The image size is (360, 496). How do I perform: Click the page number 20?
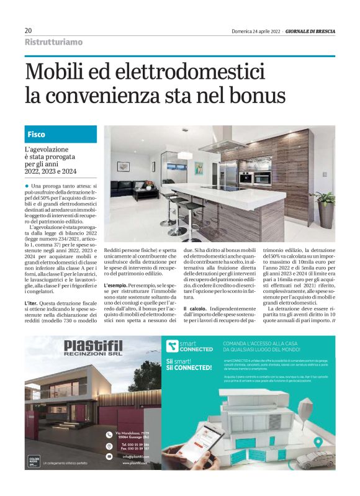tap(29, 30)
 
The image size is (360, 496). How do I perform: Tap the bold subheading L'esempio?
tap(116, 285)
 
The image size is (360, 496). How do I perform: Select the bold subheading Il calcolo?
tap(195, 309)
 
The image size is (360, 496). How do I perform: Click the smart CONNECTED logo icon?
tap(172, 346)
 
